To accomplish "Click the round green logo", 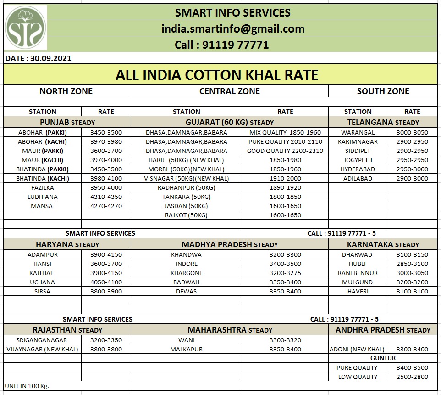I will [25, 28].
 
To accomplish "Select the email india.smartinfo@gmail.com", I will [233, 29].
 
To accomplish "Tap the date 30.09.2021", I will [38, 58].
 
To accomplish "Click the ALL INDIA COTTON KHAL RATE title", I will [217, 75].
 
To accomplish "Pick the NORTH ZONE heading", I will [66, 91].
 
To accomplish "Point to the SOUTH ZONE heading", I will [383, 91].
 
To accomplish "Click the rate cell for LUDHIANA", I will [106, 197].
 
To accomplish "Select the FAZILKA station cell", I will [42, 187].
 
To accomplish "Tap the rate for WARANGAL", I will [412, 132].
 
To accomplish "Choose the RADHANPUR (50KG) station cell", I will [186, 187].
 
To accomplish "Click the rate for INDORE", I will [285, 264].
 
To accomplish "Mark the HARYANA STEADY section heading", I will [67, 245].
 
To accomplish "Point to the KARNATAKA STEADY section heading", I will [383, 245].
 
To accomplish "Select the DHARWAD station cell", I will [357, 254].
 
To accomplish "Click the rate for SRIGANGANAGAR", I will [106, 340].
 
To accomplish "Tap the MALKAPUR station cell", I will [186, 349].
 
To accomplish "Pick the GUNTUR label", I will [383, 358].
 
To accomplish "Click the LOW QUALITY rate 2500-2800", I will [412, 377].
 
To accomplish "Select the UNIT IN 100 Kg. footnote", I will [27, 386].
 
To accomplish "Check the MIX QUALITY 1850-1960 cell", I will [285, 132].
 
